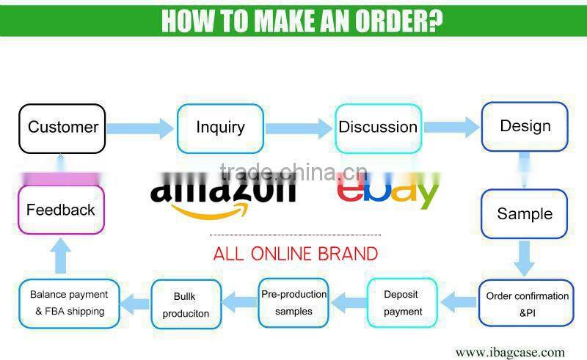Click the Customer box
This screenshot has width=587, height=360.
62,128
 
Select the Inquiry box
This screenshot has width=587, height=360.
220,128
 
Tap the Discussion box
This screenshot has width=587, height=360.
378,128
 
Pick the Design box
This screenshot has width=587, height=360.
525,127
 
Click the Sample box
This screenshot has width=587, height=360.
525,214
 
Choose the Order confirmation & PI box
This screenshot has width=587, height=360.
527,304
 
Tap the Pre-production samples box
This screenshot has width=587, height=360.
293,303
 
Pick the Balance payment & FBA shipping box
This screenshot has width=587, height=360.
69,303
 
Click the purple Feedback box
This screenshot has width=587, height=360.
61,210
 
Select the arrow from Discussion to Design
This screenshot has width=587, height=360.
451,128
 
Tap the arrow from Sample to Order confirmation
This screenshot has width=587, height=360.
524,258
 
